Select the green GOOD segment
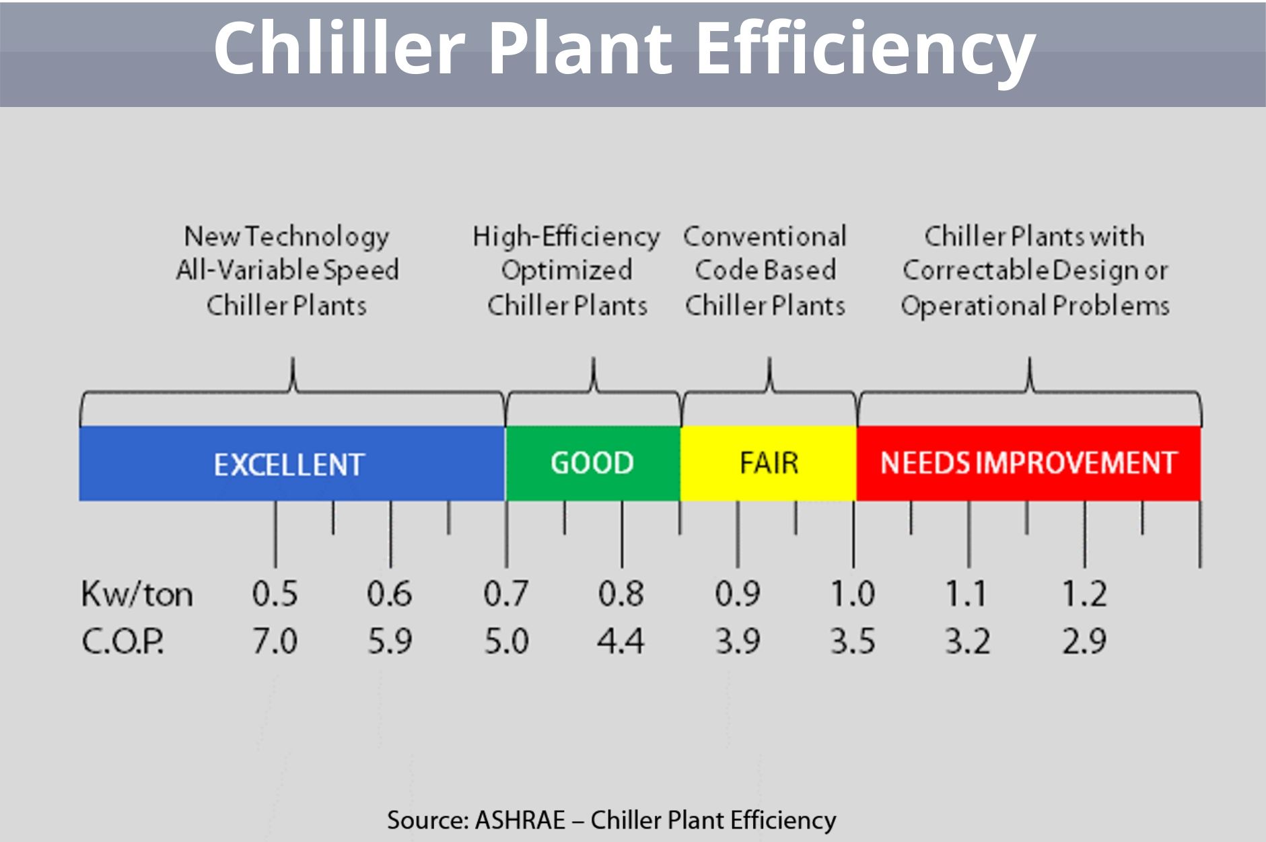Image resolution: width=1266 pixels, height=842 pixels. (592, 463)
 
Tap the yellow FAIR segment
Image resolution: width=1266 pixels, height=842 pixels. (769, 463)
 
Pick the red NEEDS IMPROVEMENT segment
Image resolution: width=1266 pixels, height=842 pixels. (1028, 463)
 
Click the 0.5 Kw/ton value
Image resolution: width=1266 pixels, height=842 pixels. (275, 594)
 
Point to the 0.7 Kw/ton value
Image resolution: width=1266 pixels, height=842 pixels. (506, 594)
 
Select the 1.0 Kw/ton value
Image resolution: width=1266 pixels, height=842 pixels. (852, 594)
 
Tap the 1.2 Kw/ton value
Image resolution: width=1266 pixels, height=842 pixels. (1084, 594)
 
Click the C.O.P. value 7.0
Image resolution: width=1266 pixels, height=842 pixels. (275, 641)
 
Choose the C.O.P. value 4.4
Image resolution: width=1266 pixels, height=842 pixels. (621, 641)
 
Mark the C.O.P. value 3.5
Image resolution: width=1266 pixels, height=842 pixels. (852, 641)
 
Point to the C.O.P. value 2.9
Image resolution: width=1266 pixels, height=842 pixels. (1084, 641)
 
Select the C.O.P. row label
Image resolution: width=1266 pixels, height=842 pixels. (122, 641)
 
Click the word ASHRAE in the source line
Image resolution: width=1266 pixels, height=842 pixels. (520, 820)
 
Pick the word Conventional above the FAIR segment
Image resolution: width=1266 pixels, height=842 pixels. (765, 237)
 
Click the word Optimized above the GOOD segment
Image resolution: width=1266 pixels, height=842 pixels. (567, 271)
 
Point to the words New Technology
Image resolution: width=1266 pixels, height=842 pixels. (287, 237)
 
